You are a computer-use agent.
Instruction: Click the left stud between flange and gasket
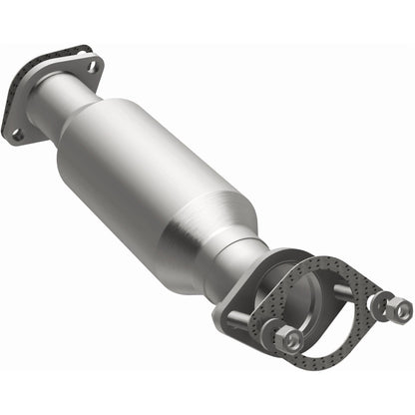pos(244,321)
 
